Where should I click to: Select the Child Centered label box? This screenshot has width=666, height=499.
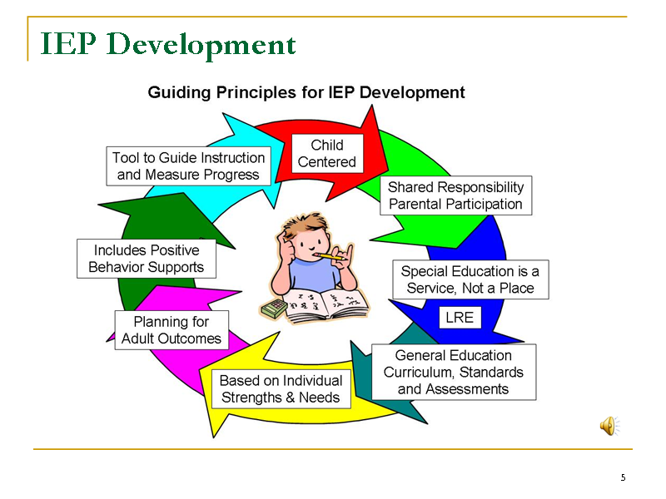coord(327,154)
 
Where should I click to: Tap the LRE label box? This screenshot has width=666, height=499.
coord(460,318)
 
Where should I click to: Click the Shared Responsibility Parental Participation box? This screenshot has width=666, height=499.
coord(455,195)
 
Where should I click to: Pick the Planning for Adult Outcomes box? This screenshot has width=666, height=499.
coord(171,330)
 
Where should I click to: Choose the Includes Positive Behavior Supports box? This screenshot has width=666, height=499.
coord(147,259)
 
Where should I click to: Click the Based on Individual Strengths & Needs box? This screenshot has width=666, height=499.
coord(281,389)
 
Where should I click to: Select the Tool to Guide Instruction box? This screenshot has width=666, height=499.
coord(189,166)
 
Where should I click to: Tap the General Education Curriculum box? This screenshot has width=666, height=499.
coord(454,372)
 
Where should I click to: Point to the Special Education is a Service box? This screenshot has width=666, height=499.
coord(470,279)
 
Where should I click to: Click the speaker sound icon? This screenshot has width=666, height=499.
coord(609,426)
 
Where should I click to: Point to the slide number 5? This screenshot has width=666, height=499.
coord(623,477)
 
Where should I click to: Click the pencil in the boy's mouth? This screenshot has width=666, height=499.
coord(331,257)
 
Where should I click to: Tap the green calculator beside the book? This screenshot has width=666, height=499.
coord(275,309)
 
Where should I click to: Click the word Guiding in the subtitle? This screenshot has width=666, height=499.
coord(179,93)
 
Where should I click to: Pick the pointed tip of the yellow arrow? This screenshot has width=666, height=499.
coord(214,437)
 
